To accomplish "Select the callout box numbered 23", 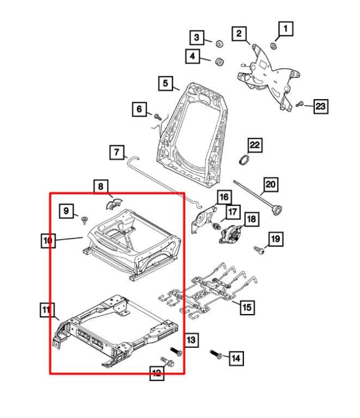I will (x=320, y=107).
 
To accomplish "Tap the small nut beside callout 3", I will (x=219, y=44).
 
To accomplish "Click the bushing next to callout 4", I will (x=221, y=60).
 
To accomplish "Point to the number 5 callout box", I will (x=165, y=84).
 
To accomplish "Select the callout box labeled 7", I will (x=116, y=152).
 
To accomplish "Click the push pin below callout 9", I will (x=84, y=220).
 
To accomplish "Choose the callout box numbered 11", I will (x=47, y=311).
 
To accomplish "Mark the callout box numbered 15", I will (x=246, y=308).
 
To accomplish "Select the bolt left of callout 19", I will (x=260, y=250).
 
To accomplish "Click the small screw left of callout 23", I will (x=300, y=103).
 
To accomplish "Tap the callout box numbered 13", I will (x=191, y=340).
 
